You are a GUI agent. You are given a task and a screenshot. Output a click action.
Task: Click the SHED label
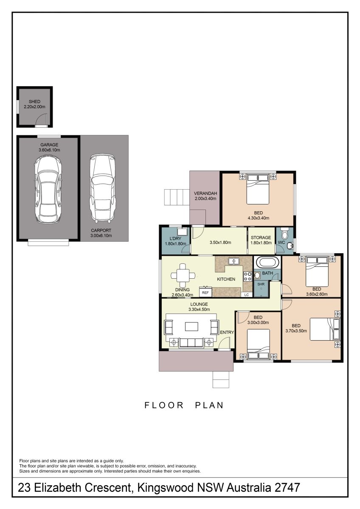(34, 101)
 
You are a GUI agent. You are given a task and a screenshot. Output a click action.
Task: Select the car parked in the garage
(48, 189)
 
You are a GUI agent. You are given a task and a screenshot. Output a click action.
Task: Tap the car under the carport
(102, 188)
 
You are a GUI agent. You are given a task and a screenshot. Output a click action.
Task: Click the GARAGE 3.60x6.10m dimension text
(49, 150)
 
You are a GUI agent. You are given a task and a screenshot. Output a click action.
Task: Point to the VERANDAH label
(205, 193)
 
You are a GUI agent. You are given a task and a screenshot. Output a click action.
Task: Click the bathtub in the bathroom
(267, 263)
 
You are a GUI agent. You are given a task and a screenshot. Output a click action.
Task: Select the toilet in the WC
(284, 233)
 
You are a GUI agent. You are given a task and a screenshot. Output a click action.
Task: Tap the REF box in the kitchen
(205, 292)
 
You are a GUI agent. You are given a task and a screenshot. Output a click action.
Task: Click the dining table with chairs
(183, 275)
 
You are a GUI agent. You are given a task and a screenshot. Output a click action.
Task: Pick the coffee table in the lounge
(191, 327)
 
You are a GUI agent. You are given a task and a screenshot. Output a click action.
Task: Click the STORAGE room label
(261, 238)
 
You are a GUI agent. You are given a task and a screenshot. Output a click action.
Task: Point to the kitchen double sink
(233, 261)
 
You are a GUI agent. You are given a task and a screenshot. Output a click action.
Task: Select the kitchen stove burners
(247, 277)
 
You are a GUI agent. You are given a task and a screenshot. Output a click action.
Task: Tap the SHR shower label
(261, 284)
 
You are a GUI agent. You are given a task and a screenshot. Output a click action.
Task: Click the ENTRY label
(227, 333)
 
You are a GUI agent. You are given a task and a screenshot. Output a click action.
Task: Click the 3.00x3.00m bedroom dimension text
(258, 322)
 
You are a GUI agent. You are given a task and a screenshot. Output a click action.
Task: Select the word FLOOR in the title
(164, 411)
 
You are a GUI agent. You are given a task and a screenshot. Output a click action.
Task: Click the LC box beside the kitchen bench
(247, 295)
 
